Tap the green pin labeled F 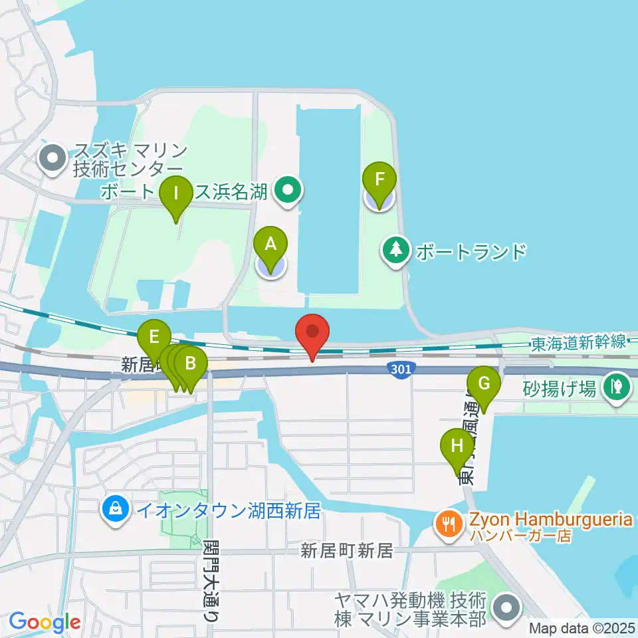tap(379, 179)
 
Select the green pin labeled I tap(176, 195)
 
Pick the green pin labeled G tap(484, 384)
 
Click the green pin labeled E tap(154, 337)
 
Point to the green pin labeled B tap(191, 364)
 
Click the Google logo tap(45, 623)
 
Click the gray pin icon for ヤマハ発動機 tap(507, 609)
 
